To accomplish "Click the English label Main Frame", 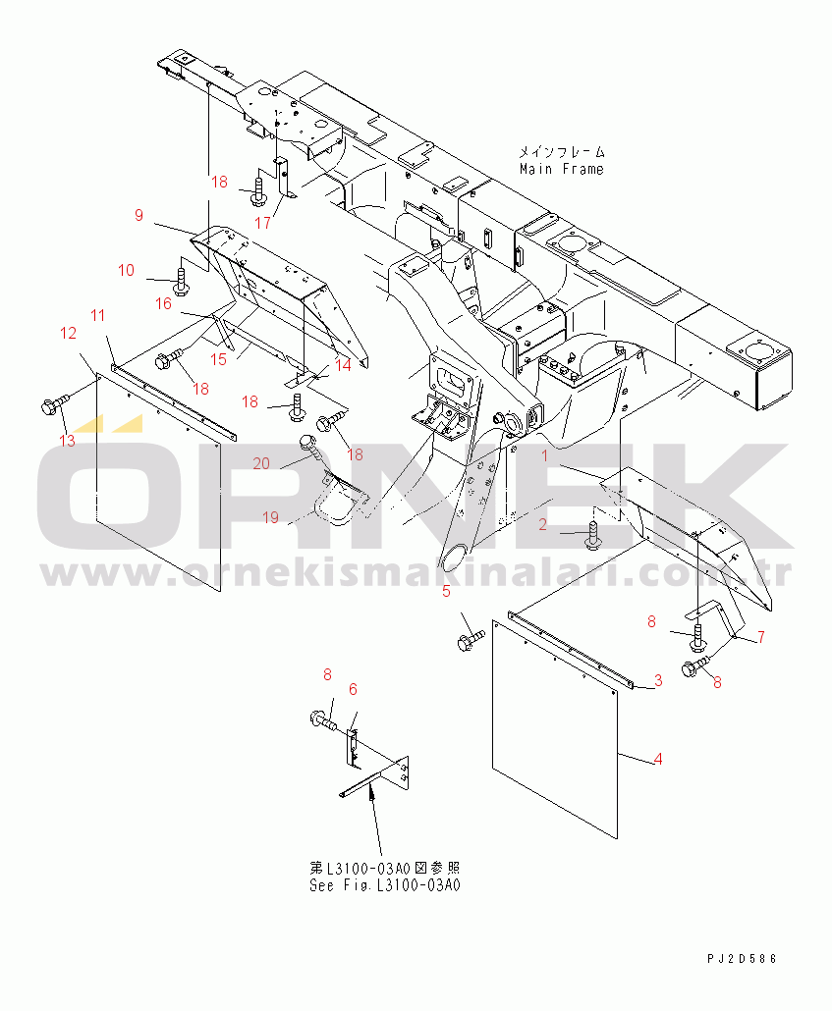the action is (562, 169).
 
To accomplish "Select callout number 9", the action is (139, 215).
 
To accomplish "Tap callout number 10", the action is (126, 270).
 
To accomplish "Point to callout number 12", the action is (69, 333).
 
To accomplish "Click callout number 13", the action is (67, 441).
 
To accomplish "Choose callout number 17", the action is (262, 223).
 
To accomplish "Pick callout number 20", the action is (261, 463).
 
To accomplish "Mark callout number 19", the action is (270, 517).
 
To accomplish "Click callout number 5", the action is (446, 591).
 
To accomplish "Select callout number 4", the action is (658, 759).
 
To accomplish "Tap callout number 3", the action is (658, 680).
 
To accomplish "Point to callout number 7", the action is (761, 637).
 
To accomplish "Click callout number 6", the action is (353, 689).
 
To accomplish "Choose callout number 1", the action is (544, 455).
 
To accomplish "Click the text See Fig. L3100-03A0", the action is (385, 885).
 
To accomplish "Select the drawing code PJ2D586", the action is (742, 959).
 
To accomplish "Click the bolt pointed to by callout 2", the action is (593, 536).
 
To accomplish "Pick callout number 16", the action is (163, 303).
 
